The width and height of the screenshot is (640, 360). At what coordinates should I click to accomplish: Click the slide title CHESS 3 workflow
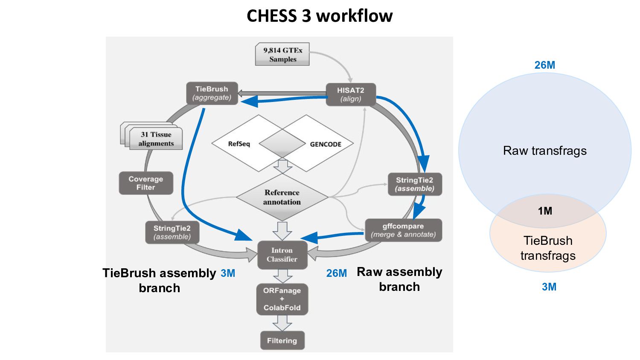320,16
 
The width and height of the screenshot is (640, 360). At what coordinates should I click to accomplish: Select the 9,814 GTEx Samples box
282,55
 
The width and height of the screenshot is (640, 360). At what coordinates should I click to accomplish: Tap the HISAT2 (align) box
351,94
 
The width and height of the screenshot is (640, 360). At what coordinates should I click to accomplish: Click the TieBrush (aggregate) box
212,93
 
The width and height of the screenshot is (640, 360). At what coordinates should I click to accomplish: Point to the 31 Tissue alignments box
156,139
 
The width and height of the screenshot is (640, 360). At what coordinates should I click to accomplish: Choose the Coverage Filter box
146,183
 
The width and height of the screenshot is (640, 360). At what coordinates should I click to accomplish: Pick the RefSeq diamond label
239,144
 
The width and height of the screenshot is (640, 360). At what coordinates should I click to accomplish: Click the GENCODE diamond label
326,144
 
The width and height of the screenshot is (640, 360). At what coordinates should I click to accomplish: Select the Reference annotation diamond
282,197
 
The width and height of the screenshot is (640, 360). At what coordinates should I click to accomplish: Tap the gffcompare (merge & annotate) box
403,230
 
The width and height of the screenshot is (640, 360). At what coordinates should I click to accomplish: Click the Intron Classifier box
282,255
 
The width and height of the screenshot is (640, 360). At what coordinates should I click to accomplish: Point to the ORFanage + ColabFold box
282,299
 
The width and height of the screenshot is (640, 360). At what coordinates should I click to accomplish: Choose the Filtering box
282,340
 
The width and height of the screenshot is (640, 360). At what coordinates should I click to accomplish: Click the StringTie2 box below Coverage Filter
172,232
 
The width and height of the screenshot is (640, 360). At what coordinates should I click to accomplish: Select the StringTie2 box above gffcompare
414,184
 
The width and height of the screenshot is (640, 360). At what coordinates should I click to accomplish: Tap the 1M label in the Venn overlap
545,211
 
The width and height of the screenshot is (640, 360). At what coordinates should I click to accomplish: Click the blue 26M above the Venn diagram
545,65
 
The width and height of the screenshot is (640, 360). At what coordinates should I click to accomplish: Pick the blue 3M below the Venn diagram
549,287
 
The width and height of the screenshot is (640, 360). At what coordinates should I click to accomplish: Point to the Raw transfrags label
545,151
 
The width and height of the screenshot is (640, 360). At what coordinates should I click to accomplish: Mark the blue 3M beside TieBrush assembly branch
228,273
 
